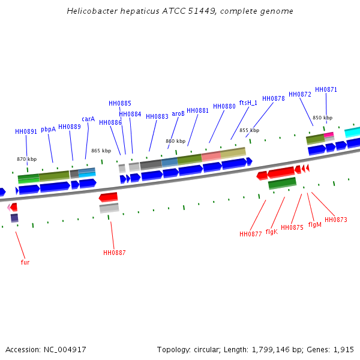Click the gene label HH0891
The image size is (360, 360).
(26, 131)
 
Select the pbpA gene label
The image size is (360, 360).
(48, 129)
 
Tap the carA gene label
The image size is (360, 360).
(88, 119)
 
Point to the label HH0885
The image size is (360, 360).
(119, 103)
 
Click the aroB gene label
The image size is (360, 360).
(178, 113)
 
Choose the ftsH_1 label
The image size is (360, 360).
(248, 103)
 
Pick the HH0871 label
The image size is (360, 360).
(326, 89)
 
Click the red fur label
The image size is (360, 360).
(25, 262)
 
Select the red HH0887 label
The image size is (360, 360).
(114, 253)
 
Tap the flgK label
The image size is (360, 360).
(271, 231)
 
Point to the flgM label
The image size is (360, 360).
(314, 224)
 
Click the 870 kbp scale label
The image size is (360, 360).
(26, 159)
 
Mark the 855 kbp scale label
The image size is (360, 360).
(249, 130)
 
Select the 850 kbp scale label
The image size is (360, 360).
(322, 118)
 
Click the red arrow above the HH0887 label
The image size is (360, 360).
(109, 197)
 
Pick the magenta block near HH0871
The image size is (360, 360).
(329, 135)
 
